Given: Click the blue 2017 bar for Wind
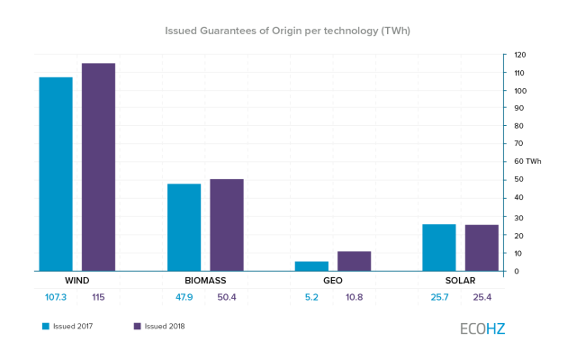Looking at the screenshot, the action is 56,174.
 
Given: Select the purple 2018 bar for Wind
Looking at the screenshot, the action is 98,167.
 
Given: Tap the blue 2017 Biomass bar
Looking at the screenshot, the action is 184,228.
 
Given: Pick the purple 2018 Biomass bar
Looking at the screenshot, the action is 227,225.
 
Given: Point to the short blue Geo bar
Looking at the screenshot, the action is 311,266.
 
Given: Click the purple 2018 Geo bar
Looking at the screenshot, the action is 354,261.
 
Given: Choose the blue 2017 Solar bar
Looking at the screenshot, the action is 439,247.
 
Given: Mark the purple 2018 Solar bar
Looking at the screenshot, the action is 481,248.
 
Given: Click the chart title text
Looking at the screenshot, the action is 287,31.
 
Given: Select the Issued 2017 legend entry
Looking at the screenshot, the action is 67,326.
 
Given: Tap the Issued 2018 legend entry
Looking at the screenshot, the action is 159,326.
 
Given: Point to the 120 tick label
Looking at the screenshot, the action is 520,55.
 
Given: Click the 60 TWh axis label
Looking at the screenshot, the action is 527,161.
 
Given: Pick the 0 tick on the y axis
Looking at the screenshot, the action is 517,271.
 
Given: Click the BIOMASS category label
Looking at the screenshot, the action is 205,281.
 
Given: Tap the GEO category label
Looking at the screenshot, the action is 333,281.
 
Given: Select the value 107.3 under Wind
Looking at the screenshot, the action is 56,297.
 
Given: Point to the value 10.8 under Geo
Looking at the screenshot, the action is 354,297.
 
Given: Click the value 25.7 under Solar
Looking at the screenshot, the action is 439,297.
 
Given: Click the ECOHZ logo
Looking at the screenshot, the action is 482,328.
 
